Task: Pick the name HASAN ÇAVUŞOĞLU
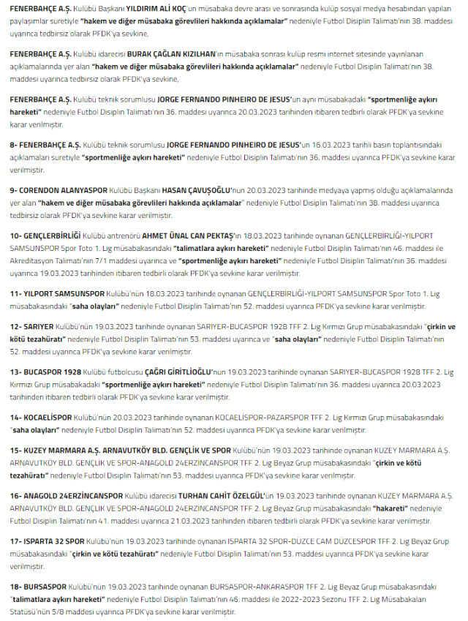pos(188,189)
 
